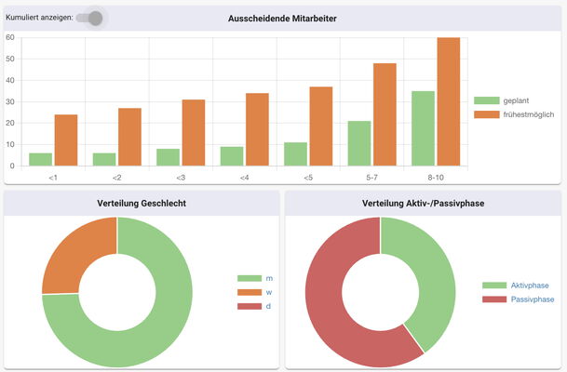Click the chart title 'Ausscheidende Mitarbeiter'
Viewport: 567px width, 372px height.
pos(282,19)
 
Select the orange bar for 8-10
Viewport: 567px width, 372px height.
pos(449,101)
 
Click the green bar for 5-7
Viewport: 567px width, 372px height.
pos(358,143)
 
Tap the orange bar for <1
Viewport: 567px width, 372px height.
pos(66,140)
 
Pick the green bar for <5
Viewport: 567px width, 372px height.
pos(295,154)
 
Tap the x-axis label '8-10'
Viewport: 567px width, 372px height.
pos(436,177)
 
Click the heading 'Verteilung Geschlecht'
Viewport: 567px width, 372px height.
pos(142,203)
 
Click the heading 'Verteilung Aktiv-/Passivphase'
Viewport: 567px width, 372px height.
pos(424,203)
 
